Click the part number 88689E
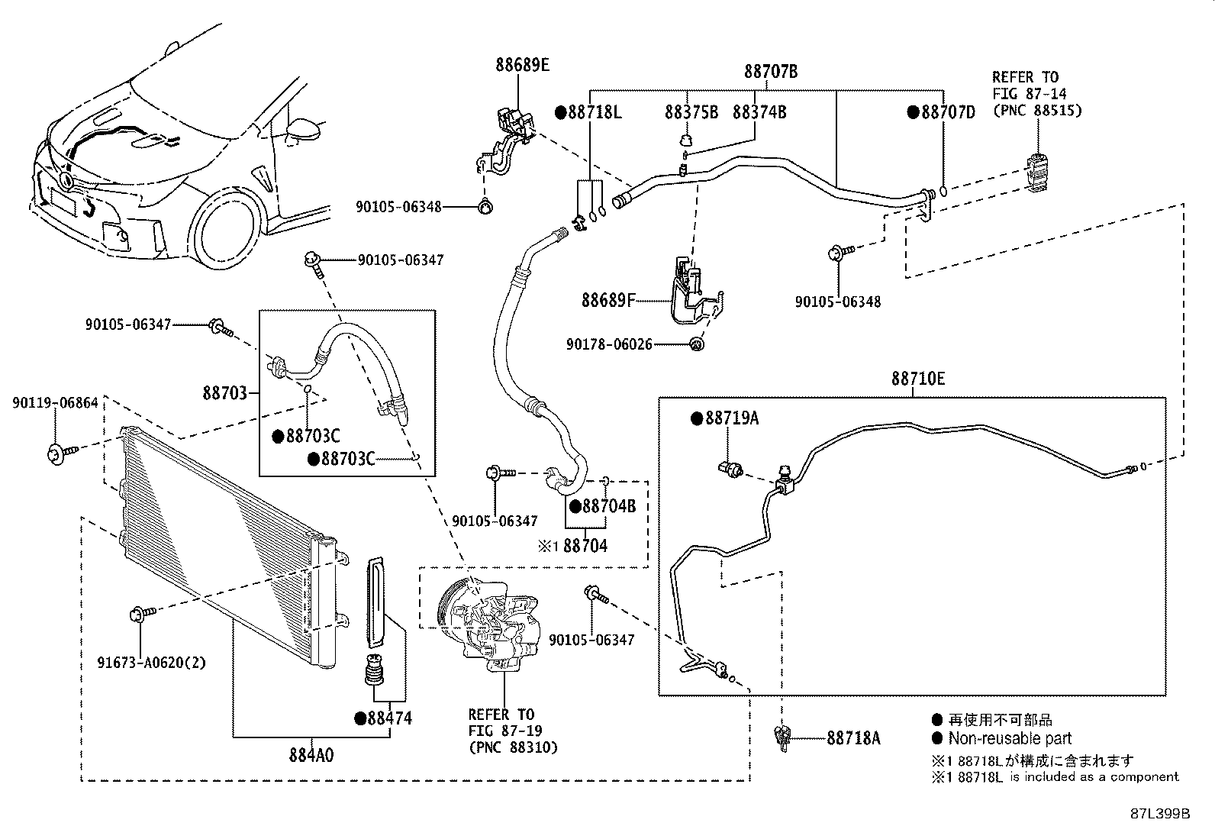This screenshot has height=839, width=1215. (x=522, y=65)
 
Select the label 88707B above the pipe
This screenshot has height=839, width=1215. (x=771, y=71)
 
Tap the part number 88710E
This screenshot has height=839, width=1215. (x=918, y=378)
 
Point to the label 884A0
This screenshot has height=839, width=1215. (x=311, y=755)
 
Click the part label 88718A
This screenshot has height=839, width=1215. (x=854, y=738)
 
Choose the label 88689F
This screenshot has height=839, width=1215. (x=608, y=300)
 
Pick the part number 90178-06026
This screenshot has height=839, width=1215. (x=609, y=344)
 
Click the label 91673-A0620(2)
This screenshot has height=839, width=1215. (x=152, y=663)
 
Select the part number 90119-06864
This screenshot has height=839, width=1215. (x=55, y=402)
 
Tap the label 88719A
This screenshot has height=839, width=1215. (x=732, y=418)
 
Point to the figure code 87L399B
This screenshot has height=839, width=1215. (x=1160, y=814)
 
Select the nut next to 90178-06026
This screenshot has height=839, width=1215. (x=697, y=344)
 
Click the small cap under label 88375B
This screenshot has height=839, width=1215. (x=686, y=140)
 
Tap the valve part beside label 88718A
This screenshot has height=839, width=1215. (x=783, y=737)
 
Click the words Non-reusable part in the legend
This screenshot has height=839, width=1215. (x=1010, y=738)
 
